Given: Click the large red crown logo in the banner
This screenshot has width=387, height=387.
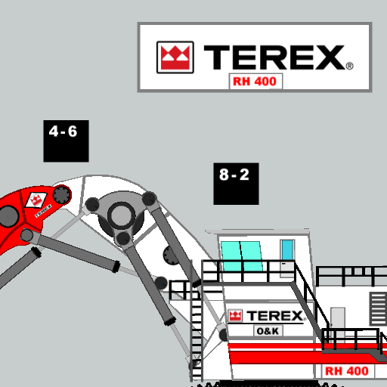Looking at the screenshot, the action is [x=175, y=57].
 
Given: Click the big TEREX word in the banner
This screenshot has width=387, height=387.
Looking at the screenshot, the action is [x=274, y=57].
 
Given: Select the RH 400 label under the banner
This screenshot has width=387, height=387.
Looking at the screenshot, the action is [x=255, y=82].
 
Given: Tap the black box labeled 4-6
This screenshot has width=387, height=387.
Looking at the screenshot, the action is [x=66, y=141].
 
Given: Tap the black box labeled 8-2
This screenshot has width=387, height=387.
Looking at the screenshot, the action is [x=236, y=184].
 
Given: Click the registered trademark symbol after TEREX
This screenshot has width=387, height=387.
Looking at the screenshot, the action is [x=350, y=66].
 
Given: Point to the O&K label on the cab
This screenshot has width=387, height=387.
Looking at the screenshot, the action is [x=268, y=331].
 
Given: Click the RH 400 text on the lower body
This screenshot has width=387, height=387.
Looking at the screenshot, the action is [x=347, y=371].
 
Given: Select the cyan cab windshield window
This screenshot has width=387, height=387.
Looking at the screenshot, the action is [x=241, y=255].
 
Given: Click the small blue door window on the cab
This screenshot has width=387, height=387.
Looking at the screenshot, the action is [x=287, y=249].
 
